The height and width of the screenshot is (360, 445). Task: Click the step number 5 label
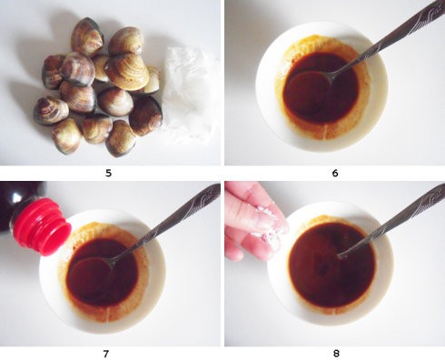tap(108, 173)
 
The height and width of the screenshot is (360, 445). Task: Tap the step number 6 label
tap(335, 173)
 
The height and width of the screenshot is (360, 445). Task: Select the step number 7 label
tap(106, 354)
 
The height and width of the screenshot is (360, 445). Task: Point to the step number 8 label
tap(336, 354)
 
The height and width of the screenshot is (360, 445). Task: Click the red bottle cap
tap(42, 226)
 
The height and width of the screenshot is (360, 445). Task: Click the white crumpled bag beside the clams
tap(189, 94)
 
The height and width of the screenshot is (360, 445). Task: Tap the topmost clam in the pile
tap(87, 37)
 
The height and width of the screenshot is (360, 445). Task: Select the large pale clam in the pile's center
tap(127, 71)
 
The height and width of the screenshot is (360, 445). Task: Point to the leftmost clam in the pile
tap(51, 111)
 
